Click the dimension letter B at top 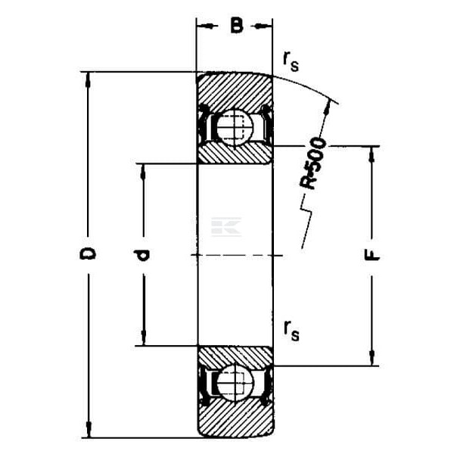[237, 26]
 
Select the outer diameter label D [88, 253]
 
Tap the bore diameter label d [141, 255]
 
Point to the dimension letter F [372, 255]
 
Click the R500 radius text [313, 163]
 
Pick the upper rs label [291, 62]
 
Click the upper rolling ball [235, 127]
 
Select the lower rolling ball [235, 383]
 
